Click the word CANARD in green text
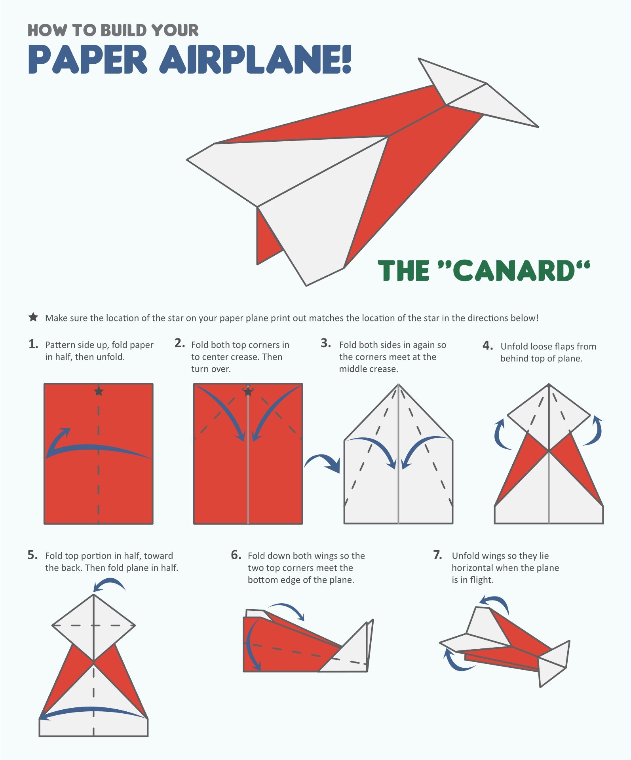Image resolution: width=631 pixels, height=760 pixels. [513, 271]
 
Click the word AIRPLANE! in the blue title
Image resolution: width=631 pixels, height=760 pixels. [255, 59]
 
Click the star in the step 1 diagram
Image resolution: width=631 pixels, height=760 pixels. [99, 391]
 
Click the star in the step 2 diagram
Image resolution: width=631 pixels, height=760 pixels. [248, 392]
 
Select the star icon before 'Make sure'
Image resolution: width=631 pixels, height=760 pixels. [33, 317]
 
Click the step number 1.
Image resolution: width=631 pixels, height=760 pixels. [33, 344]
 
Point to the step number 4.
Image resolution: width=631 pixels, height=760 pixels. [487, 346]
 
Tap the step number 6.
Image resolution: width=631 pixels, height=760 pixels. [236, 555]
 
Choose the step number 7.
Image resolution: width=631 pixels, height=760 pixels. [437, 555]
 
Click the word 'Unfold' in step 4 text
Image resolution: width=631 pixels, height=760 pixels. [514, 346]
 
